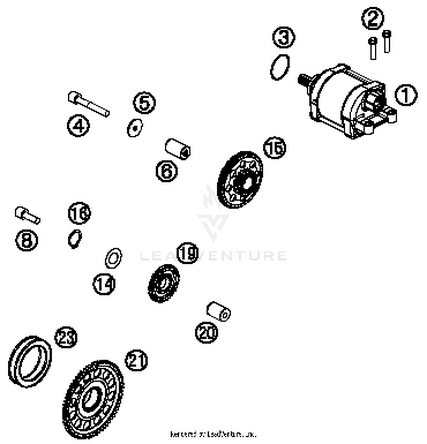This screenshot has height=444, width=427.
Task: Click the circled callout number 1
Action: pyautogui.click(x=406, y=95)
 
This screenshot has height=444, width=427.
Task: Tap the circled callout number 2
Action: pyautogui.click(x=373, y=18)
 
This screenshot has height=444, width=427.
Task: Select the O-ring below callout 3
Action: pyautogui.click(x=280, y=67)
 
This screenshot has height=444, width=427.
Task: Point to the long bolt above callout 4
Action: pyautogui.click(x=89, y=104)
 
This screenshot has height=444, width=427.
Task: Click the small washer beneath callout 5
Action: pyautogui.click(x=135, y=128)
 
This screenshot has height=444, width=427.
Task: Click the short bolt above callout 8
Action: pyautogui.click(x=27, y=215)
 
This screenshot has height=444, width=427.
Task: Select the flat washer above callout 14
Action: pyautogui.click(x=113, y=258)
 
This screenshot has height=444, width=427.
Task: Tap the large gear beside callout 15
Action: pyautogui.click(x=240, y=180)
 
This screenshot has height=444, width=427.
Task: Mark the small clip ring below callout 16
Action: pyautogui.click(x=75, y=239)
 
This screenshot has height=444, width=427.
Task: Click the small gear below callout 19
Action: pyautogui.click(x=164, y=283)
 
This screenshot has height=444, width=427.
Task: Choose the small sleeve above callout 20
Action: pyautogui.click(x=219, y=311)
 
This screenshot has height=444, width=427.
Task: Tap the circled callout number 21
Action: pyautogui.click(x=136, y=360)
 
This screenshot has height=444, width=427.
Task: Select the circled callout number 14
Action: pyautogui.click(x=104, y=284)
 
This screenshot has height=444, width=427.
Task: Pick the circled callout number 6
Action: pyautogui.click(x=167, y=171)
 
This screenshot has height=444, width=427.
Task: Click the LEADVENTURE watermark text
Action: pyautogui.click(x=213, y=255)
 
